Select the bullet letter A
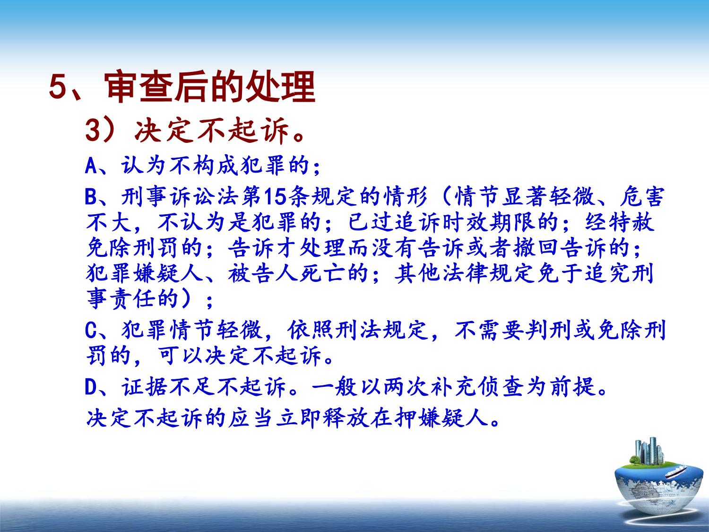pyautogui.click(x=91, y=166)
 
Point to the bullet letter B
pyautogui.click(x=91, y=197)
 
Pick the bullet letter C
pyautogui.click(x=91, y=330)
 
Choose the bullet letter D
pyautogui.click(x=91, y=387)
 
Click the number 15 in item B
pyautogui.click(x=275, y=197)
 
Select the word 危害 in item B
pyautogui.click(x=642, y=197)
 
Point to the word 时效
pyautogui.click(x=465, y=223)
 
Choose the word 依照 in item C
pyautogui.click(x=310, y=330)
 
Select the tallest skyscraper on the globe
pyautogui.click(x=652, y=450)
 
